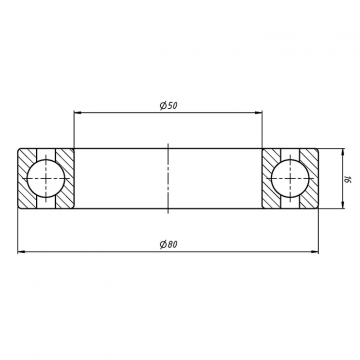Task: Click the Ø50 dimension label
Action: click(169, 106)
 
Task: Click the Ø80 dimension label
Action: click(169, 244)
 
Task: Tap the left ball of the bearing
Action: click(46, 179)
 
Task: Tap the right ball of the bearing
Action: click(290, 179)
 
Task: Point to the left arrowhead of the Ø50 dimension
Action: click(78, 113)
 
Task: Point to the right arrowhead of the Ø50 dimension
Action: click(258, 113)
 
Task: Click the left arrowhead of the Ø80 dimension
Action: click(22, 251)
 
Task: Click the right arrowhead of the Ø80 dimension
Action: click(314, 251)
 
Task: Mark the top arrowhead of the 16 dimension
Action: click(343, 153)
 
